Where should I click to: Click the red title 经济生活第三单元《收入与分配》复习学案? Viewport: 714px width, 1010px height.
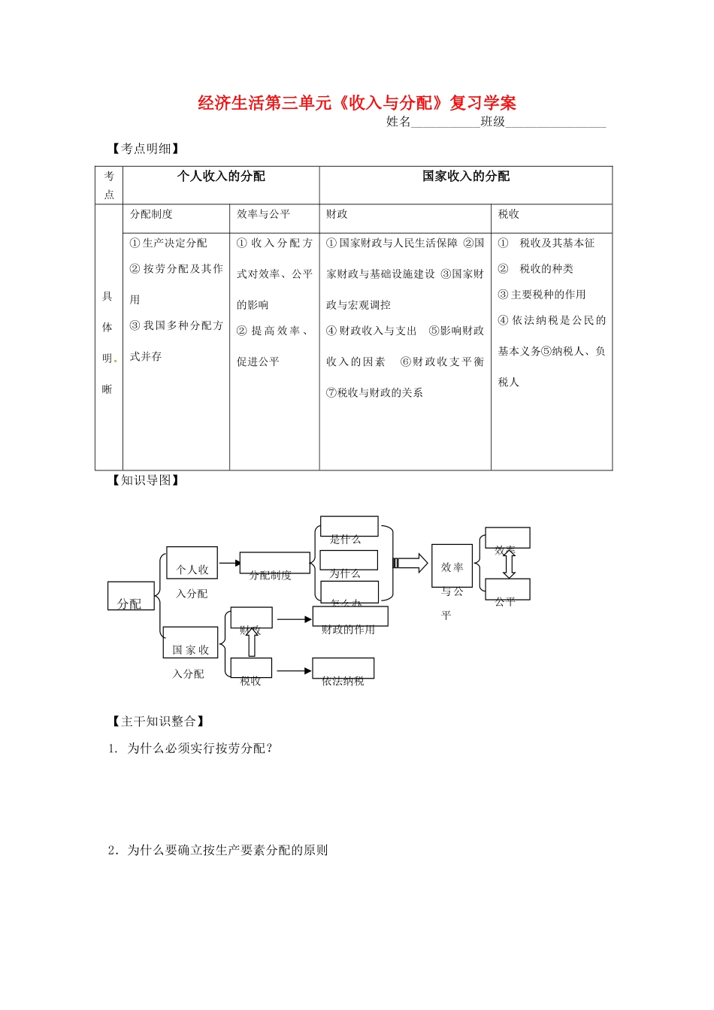357,102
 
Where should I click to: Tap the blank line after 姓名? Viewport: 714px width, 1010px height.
445,122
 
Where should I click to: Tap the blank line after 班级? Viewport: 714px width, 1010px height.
555,122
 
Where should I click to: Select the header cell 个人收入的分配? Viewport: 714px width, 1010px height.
221,177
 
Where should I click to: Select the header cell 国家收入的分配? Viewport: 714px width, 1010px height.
465,177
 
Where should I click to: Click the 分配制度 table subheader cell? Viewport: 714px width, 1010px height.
176,215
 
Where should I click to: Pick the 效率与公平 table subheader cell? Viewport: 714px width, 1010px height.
274,215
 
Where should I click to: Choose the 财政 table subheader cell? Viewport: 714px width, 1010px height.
405,215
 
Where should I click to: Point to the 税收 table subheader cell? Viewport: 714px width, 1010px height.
551,215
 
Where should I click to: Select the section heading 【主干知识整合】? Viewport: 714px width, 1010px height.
157,721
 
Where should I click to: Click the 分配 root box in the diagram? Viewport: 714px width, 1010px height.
131,597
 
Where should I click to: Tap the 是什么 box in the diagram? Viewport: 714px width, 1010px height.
349,528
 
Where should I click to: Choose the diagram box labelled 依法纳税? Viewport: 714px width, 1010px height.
343,670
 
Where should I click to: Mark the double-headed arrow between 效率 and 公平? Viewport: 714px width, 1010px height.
509,564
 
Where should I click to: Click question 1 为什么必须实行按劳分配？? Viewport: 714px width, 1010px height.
199,748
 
